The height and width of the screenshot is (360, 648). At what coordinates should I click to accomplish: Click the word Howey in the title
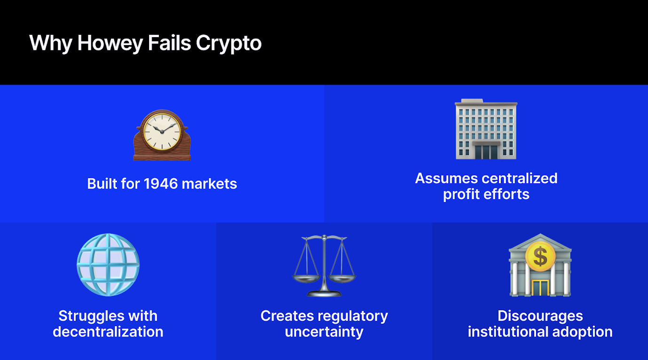pos(110,44)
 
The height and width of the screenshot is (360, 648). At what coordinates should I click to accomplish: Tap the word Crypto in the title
pos(229,44)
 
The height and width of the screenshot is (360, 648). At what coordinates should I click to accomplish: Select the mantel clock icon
pos(162,135)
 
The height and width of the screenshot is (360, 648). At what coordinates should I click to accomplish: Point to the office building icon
pos(486,129)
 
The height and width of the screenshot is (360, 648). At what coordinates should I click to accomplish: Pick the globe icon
pos(108,265)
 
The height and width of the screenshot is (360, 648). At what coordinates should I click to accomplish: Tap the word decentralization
pos(108,332)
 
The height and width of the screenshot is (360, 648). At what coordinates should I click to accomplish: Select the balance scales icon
pos(324,266)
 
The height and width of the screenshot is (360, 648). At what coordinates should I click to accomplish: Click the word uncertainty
pos(324,332)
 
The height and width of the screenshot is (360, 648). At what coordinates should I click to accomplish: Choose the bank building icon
pos(540,266)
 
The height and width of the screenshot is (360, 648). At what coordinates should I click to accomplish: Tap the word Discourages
pos(540,316)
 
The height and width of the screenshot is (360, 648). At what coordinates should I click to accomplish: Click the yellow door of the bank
pos(540,287)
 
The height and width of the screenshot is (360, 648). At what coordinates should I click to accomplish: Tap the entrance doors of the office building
pos(486,151)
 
